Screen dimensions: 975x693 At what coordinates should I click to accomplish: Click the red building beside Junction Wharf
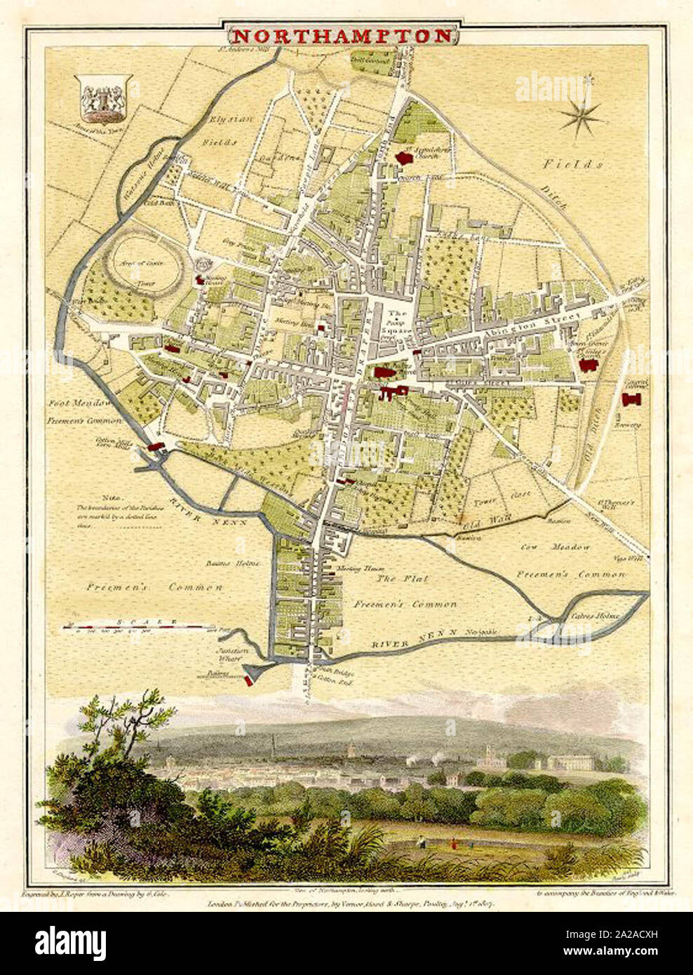(248, 680)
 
